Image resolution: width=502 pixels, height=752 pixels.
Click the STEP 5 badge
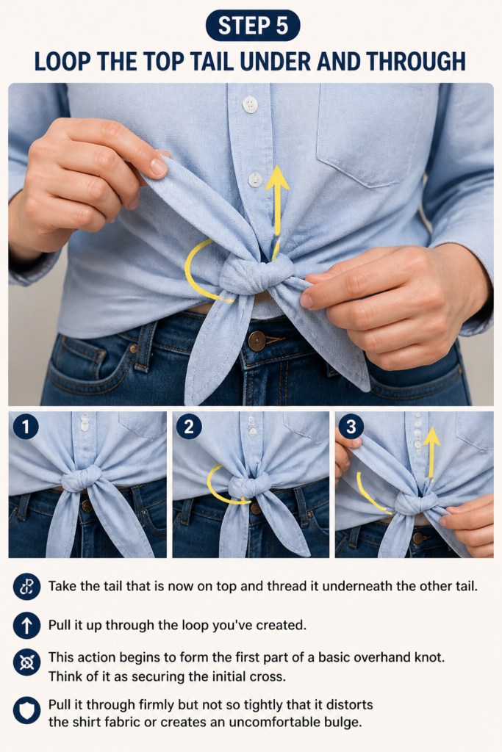(x=252, y=26)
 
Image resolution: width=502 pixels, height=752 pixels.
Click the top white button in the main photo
(x=250, y=104)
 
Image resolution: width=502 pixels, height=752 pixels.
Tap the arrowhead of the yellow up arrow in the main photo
(x=277, y=178)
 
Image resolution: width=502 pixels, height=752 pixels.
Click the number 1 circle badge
(x=26, y=427)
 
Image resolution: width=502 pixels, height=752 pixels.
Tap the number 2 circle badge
(x=189, y=427)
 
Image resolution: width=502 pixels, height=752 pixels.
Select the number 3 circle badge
(x=351, y=427)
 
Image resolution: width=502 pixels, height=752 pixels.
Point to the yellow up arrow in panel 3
(x=432, y=453)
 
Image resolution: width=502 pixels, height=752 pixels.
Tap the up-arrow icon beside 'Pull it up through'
(x=27, y=625)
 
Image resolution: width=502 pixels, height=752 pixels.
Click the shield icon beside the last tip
(x=27, y=710)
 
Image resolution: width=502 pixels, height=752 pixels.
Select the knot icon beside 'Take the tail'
(x=27, y=587)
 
